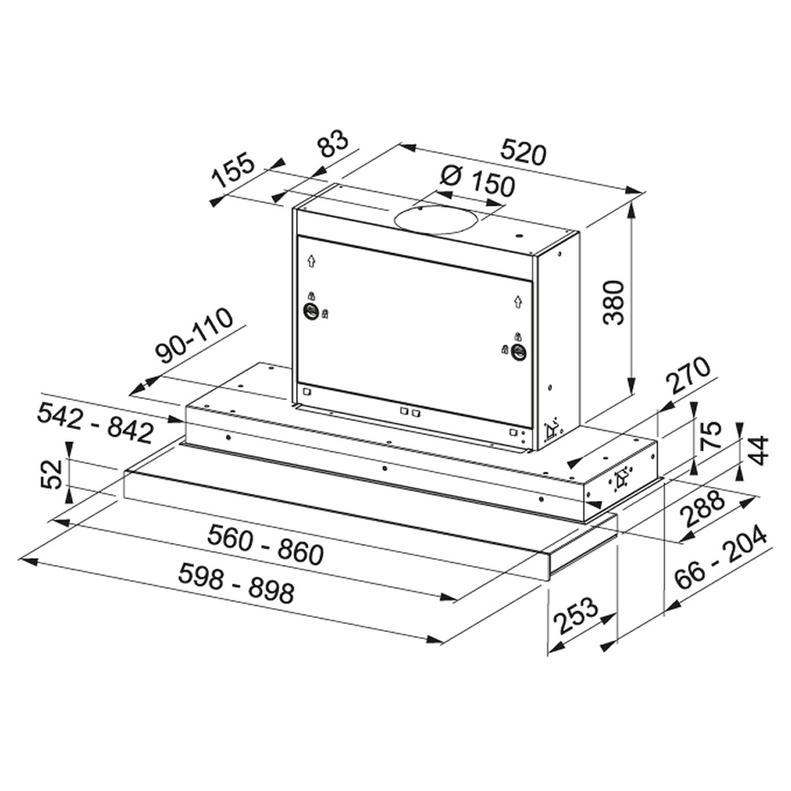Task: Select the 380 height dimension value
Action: click(x=614, y=302)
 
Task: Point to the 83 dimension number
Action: click(x=333, y=145)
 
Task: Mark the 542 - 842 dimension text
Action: click(x=95, y=425)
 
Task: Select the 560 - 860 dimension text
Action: click(x=265, y=545)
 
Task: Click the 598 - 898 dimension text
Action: click(x=236, y=584)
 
